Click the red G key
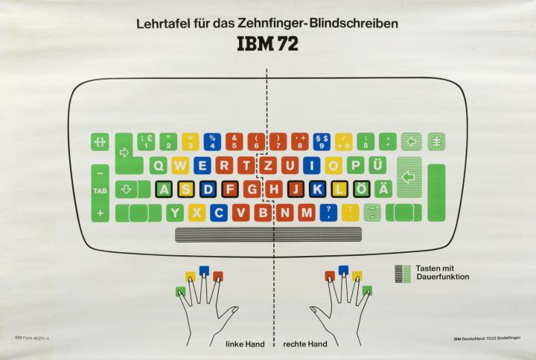pyautogui.click(x=252, y=189)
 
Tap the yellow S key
pyautogui.click(x=186, y=189)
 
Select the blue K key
pyautogui.click(x=318, y=189)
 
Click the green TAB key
pyautogui.click(x=100, y=190)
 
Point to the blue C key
pyautogui.click(x=219, y=213)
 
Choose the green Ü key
pyautogui.click(x=377, y=165)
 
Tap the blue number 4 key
pyautogui.click(x=212, y=141)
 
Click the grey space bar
pyautogui.click(x=268, y=235)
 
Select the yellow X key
pyautogui.click(x=197, y=213)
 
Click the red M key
pyautogui.click(x=306, y=213)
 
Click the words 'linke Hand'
pyautogui.click(x=245, y=344)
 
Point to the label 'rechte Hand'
pyautogui.click(x=305, y=344)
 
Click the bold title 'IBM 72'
pyautogui.click(x=267, y=45)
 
